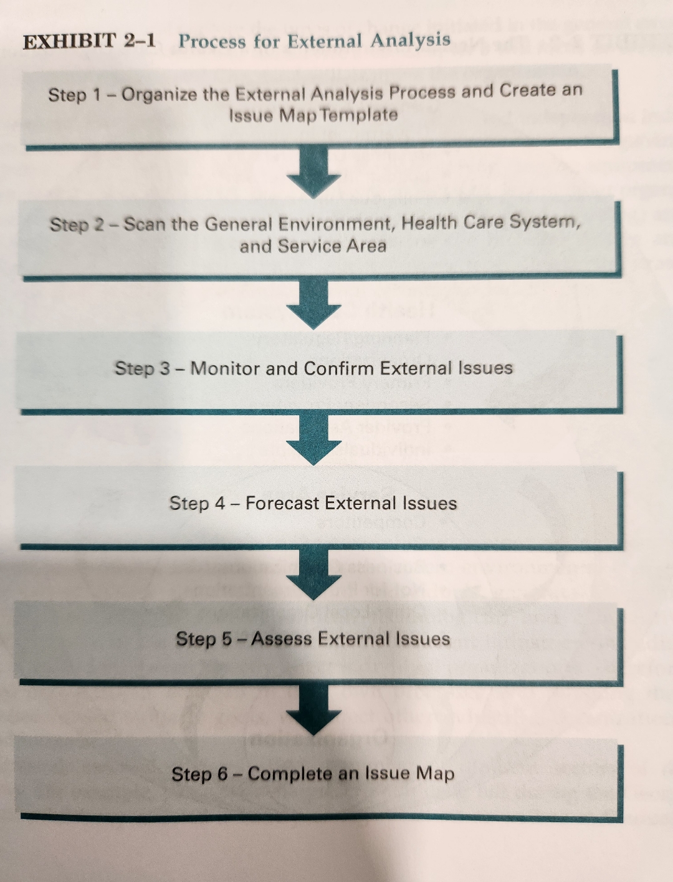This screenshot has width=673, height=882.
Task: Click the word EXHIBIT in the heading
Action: pos(69,42)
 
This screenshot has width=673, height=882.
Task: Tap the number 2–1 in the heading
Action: pos(139,41)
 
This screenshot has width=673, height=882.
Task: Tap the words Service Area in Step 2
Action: pos(332,246)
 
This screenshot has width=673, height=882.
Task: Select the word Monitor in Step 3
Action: pos(226,368)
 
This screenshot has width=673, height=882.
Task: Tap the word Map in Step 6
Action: pos(435,773)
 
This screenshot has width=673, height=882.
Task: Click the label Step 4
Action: pos(197,503)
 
